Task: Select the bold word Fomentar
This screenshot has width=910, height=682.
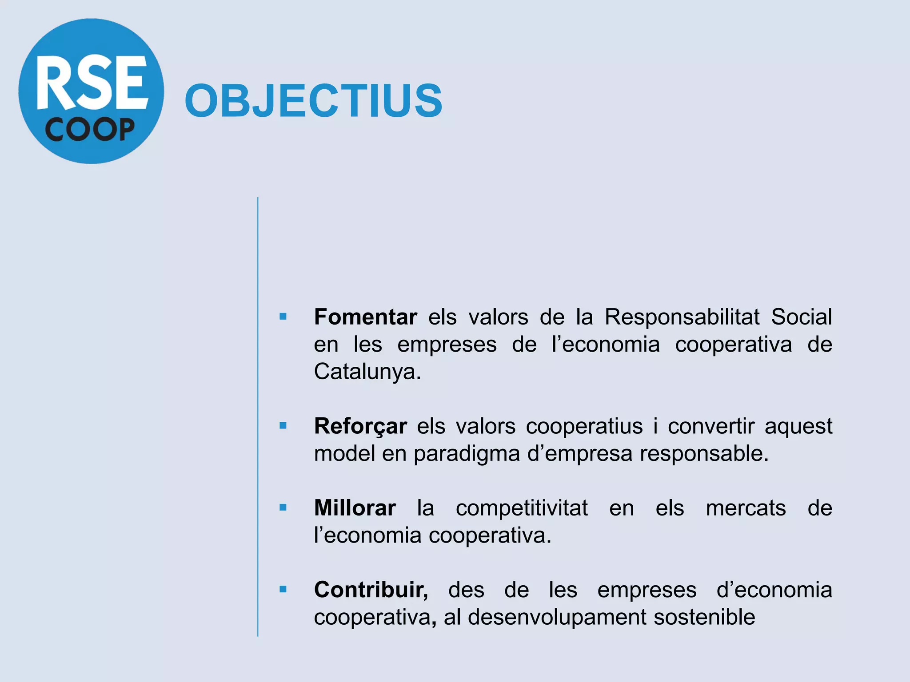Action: click(x=365, y=317)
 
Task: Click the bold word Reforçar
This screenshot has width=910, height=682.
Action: click(x=360, y=426)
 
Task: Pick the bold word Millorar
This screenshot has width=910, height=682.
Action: click(x=355, y=508)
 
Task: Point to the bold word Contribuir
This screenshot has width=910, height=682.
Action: click(x=371, y=590)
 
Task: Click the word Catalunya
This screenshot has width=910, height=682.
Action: click(x=367, y=372)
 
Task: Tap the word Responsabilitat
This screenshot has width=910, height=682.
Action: click(x=682, y=317)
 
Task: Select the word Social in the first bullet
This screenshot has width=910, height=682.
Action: click(x=801, y=317)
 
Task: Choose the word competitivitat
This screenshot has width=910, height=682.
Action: click(x=522, y=508)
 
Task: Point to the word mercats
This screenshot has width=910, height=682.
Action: click(x=746, y=508)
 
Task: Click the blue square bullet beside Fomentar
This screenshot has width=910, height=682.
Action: click(x=283, y=317)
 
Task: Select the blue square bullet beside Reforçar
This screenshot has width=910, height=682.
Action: click(x=283, y=426)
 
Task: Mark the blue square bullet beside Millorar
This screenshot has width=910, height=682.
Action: click(x=283, y=508)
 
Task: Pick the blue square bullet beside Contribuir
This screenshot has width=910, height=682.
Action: click(x=283, y=589)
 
